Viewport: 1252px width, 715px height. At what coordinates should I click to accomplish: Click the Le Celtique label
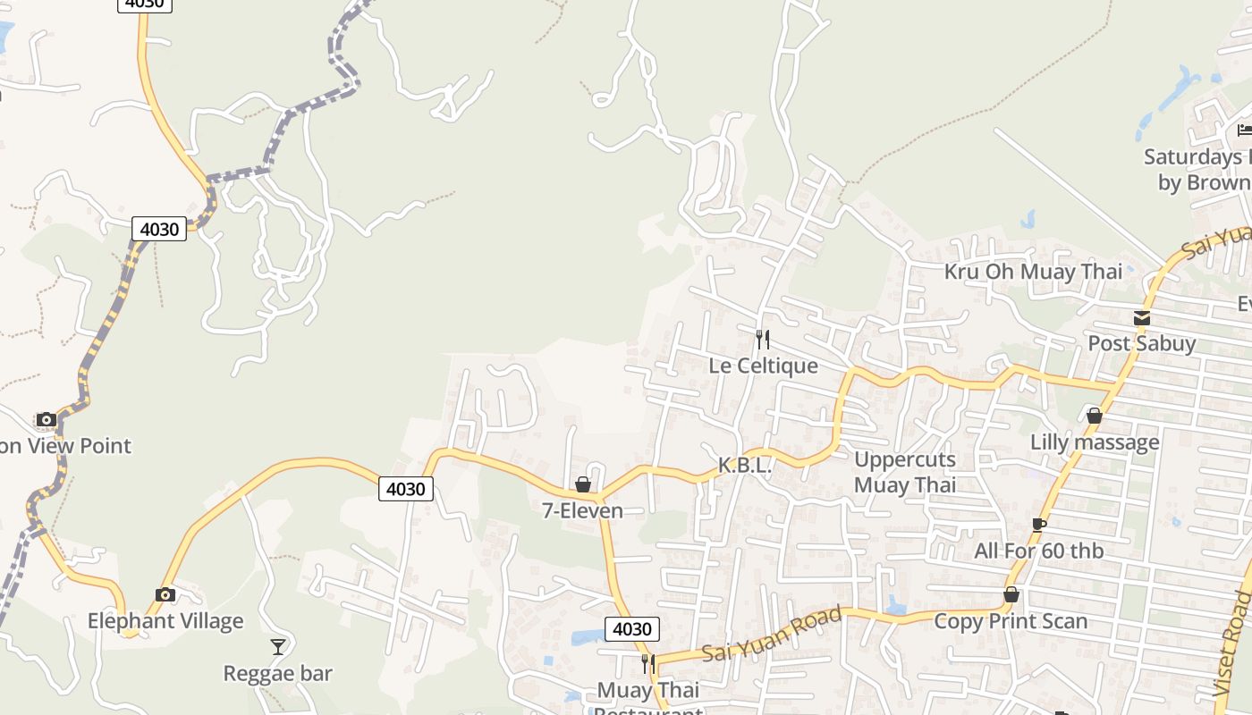click(x=763, y=366)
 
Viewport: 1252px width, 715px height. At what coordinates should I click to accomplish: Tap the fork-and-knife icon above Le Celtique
click(x=763, y=339)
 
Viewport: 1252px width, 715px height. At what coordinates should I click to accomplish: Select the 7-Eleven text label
click(x=582, y=510)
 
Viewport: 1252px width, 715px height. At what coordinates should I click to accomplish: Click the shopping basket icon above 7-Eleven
click(x=583, y=484)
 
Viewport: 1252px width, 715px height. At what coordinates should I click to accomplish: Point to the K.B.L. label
click(x=744, y=466)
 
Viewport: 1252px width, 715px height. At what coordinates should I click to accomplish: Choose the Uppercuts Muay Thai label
click(x=905, y=472)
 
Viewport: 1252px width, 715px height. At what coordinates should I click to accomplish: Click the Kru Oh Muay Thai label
click(x=1033, y=272)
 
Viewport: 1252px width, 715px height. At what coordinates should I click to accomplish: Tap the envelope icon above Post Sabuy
click(x=1141, y=317)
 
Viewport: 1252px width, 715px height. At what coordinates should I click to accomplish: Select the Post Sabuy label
click(x=1141, y=343)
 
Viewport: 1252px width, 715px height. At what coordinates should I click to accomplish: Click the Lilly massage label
click(x=1095, y=442)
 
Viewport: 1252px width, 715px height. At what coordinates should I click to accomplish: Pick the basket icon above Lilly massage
click(x=1094, y=416)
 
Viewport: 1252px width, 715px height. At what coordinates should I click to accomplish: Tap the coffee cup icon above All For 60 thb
click(x=1038, y=525)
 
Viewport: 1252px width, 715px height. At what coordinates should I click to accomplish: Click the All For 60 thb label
click(x=1038, y=551)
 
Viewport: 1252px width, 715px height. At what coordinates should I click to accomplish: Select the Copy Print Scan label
click(x=1011, y=620)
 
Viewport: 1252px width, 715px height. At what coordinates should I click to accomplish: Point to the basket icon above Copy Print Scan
click(x=1011, y=594)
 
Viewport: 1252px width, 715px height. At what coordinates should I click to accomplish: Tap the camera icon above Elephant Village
click(x=165, y=594)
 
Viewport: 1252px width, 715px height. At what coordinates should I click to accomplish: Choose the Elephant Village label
click(x=165, y=620)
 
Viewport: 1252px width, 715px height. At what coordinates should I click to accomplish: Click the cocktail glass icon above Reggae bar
click(x=278, y=646)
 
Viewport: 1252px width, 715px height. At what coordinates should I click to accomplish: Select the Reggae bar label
click(x=277, y=673)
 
